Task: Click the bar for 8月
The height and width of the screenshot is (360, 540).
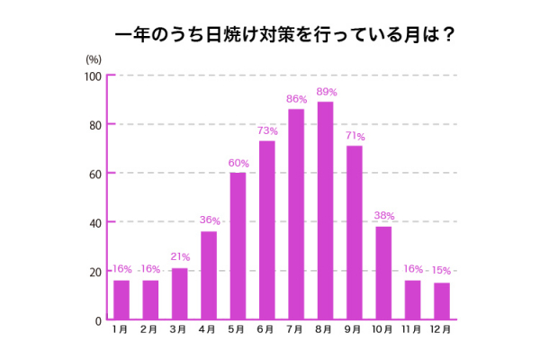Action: tap(325, 211)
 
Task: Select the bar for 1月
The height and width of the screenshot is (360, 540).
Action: tap(121, 300)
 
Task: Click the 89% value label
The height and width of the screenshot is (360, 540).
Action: tap(326, 92)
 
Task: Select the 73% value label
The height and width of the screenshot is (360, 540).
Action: tap(267, 130)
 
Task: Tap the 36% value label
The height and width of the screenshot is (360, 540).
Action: tap(210, 220)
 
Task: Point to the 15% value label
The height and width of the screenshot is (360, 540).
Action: tap(441, 271)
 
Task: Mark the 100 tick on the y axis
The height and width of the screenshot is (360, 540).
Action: tap(93, 76)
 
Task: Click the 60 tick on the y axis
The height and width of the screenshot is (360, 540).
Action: tap(95, 173)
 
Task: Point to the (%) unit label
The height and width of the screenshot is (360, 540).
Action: tap(94, 58)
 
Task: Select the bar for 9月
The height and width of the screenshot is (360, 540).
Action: tap(355, 232)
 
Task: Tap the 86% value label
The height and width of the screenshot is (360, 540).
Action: tap(296, 99)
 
